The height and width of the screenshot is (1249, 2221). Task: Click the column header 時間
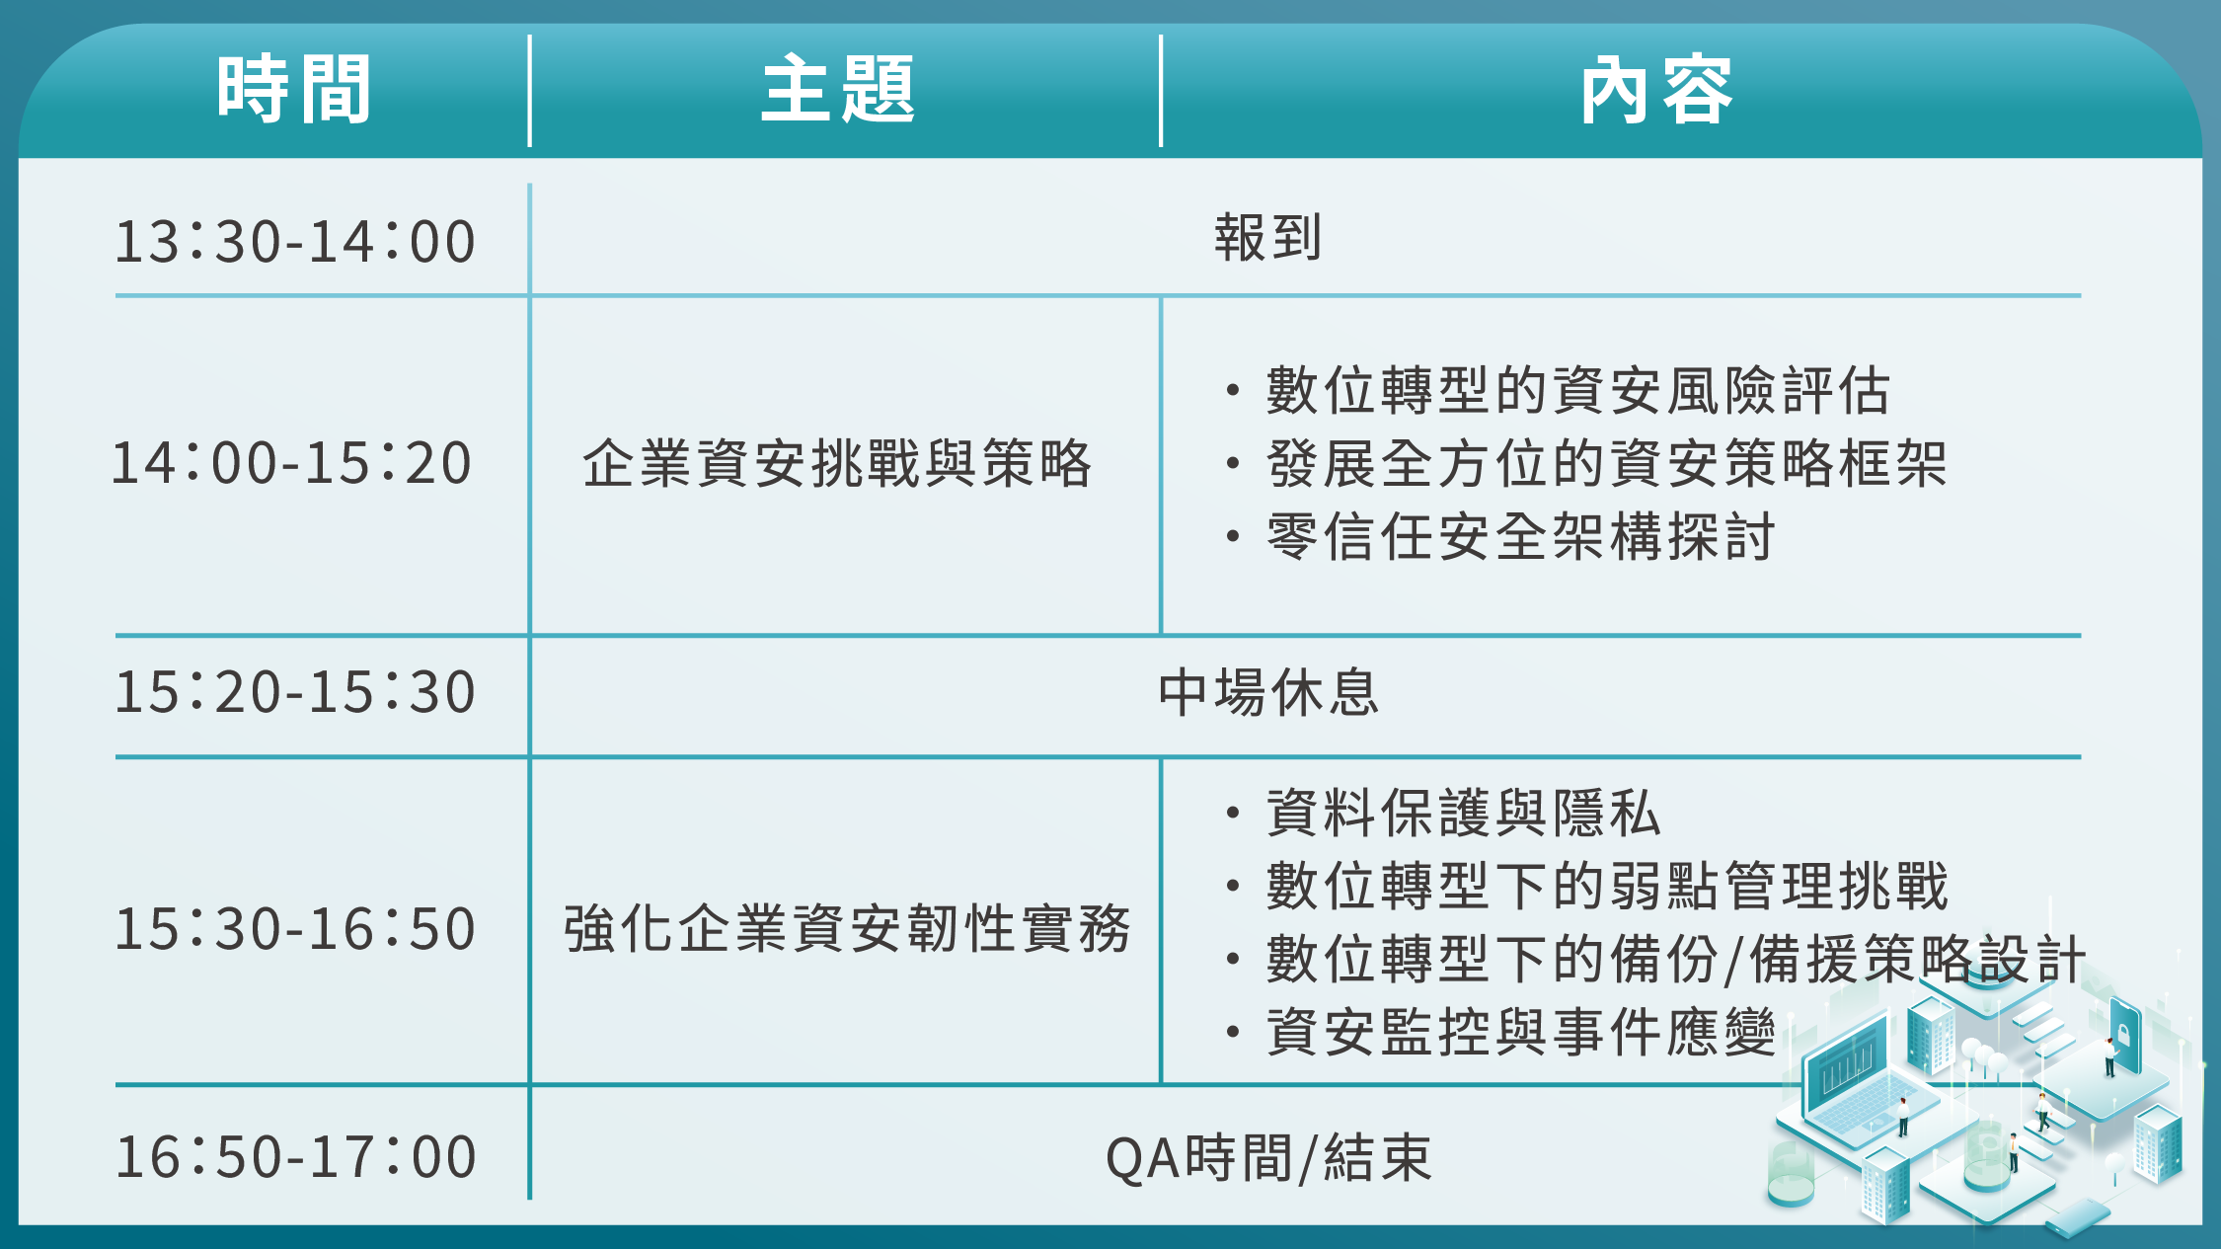[294, 89]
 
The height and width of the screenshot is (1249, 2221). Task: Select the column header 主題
[839, 89]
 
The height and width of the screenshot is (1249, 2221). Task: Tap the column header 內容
[1657, 89]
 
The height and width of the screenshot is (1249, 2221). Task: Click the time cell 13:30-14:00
[295, 241]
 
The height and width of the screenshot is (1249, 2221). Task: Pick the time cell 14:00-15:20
[292, 462]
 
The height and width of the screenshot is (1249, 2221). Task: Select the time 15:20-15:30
[295, 691]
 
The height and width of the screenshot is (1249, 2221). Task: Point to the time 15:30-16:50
[295, 928]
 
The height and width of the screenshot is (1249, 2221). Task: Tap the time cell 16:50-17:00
[295, 1156]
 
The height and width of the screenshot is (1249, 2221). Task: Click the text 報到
[1268, 238]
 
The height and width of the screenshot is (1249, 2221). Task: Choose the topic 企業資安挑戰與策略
[838, 463]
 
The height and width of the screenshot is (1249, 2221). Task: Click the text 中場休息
[1268, 691]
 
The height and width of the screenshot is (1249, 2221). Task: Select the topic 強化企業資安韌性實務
[847, 928]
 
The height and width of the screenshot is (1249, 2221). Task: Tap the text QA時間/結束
[1268, 1157]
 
